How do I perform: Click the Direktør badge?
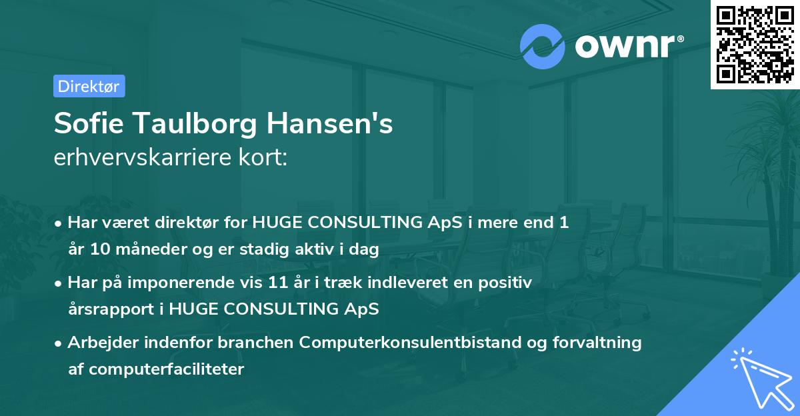coord(89,86)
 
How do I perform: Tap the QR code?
coord(754,44)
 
